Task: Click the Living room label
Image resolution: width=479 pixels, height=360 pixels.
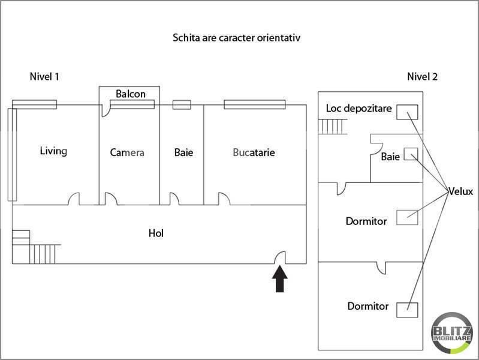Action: tap(53, 151)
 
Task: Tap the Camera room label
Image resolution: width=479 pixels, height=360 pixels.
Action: tap(127, 152)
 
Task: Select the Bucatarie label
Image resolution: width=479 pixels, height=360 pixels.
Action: tap(254, 152)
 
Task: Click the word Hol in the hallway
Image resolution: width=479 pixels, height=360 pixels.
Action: tap(156, 233)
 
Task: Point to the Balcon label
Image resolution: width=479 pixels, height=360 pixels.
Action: tap(131, 94)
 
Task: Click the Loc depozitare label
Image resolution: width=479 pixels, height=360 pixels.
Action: tap(359, 109)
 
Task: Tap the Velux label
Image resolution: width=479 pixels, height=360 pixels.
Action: tap(460, 192)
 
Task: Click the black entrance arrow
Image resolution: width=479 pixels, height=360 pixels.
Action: tap(280, 280)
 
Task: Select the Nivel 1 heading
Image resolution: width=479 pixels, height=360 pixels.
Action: tap(44, 76)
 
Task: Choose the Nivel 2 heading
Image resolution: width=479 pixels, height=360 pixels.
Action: tap(422, 76)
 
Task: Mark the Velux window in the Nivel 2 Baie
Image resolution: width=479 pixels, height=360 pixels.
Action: tap(410, 154)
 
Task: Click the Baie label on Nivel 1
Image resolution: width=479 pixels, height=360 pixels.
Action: tap(183, 152)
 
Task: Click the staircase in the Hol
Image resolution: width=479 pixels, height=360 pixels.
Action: tap(36, 247)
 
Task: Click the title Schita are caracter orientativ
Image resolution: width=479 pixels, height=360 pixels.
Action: tap(236, 37)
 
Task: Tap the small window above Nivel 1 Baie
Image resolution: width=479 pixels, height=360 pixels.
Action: tap(182, 105)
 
